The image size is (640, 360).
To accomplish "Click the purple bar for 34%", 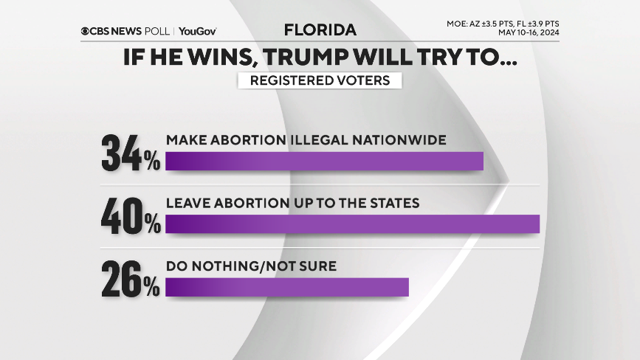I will point(324,161).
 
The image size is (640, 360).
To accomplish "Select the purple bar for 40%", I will point(352,224).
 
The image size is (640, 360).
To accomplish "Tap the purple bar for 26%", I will point(287,287).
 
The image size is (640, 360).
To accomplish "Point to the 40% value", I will point(131,215).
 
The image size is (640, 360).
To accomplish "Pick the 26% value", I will point(131,279).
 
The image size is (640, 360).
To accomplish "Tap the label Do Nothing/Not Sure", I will point(251,266).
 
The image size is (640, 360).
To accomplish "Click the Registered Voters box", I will point(320,80).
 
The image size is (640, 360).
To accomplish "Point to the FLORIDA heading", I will point(320,30).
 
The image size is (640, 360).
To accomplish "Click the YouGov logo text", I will point(197,31).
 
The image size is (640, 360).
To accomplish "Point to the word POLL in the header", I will point(156,31).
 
